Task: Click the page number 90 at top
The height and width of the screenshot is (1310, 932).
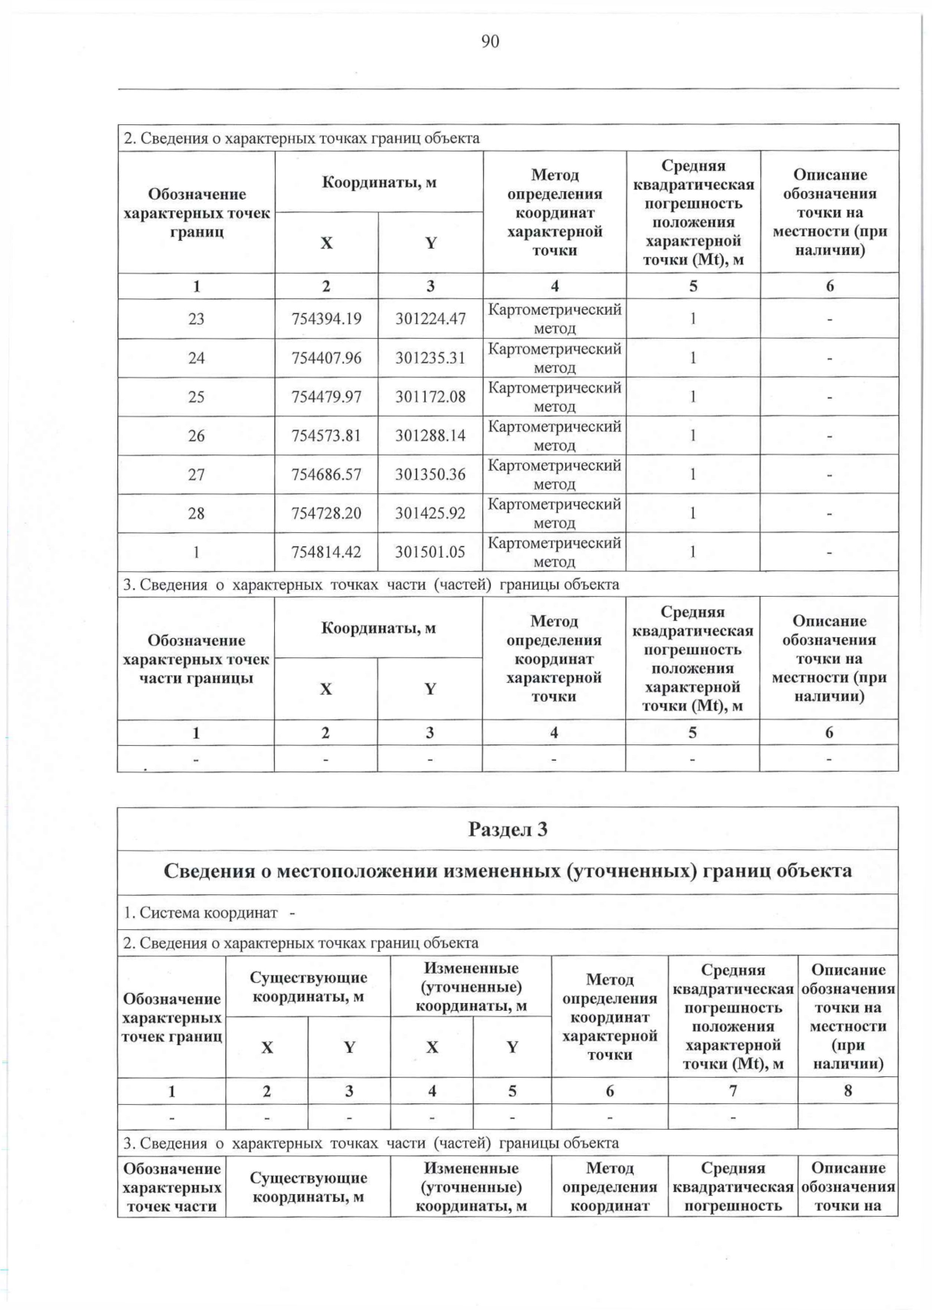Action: point(490,42)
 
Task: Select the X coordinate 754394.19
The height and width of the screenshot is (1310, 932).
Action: point(326,319)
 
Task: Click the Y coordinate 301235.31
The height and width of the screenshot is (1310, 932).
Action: point(430,357)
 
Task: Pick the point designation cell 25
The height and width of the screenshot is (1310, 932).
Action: point(196,396)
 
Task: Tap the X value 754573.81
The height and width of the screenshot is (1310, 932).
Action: point(326,435)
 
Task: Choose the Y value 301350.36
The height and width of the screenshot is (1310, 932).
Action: point(430,474)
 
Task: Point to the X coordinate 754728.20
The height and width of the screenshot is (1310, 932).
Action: point(326,513)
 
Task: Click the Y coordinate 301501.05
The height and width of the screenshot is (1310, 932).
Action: point(430,552)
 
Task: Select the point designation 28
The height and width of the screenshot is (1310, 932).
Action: point(196,513)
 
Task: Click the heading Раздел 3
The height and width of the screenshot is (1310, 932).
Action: point(507,830)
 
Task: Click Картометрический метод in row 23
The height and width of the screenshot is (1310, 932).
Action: point(555,319)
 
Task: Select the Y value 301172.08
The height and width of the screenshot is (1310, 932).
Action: point(430,396)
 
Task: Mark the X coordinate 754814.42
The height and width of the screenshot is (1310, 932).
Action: point(326,552)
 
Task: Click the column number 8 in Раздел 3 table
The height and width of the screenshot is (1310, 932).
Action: point(847,1091)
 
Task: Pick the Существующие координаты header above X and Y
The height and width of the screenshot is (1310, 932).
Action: point(308,988)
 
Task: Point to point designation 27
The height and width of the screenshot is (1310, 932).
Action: point(196,474)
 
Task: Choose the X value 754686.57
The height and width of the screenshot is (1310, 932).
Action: point(326,474)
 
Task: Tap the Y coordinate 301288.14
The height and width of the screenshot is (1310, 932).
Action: point(430,435)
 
